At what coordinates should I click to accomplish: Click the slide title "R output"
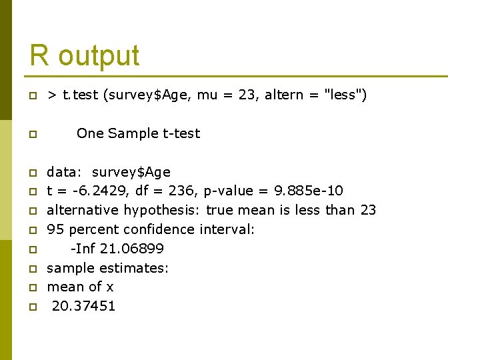(85, 55)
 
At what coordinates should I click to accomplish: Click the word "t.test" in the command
(81, 95)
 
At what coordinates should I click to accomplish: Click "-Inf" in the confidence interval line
(83, 249)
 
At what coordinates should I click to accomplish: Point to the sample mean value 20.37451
(83, 307)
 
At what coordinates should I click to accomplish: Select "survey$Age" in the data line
(131, 173)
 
